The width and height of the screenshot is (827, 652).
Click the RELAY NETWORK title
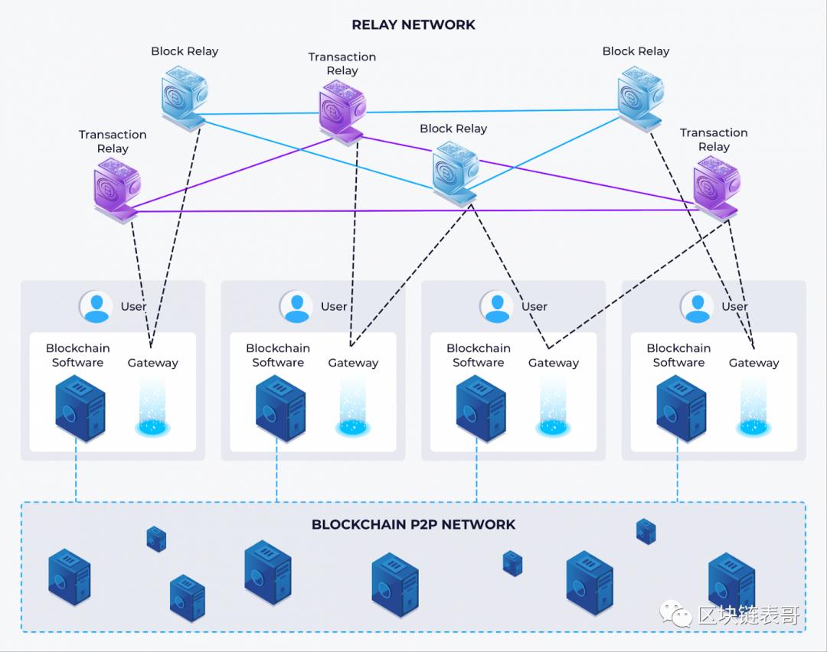pos(413,24)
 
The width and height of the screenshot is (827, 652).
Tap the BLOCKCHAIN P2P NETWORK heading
pos(413,524)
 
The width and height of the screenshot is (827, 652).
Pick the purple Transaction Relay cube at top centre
pos(342,109)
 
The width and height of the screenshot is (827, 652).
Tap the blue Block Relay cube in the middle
pos(455,172)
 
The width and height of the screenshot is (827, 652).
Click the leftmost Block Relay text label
pos(185,51)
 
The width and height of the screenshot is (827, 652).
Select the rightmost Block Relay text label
pos(636,51)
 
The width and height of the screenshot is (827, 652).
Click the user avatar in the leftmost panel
pos(96,306)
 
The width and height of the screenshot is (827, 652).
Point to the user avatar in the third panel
pos(497,306)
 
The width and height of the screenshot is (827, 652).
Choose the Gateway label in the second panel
pos(353,363)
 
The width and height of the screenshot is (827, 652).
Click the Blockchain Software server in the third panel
pos(480,408)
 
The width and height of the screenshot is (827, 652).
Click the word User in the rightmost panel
pos(734,306)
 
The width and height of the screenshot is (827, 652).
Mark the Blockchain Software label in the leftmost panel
pos(77,355)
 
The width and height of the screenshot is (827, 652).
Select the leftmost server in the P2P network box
pos(69,576)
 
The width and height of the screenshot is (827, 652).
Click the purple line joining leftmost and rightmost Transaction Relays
pos(413,210)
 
